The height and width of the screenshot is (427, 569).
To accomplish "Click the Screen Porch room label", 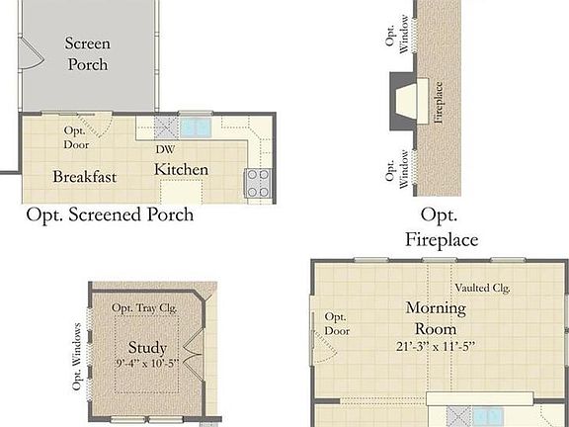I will pyautogui.click(x=86, y=53).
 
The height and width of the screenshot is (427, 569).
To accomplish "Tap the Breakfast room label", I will pyautogui.click(x=85, y=177).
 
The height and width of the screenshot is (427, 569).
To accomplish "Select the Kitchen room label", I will pyautogui.click(x=181, y=170).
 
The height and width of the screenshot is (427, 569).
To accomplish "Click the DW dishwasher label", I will pyautogui.click(x=166, y=149).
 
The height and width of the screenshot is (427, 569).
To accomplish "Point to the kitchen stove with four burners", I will pyautogui.click(x=258, y=182).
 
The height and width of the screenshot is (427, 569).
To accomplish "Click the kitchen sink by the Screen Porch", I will pyautogui.click(x=195, y=127).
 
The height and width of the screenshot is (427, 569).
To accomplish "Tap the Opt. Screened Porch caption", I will pyautogui.click(x=110, y=214).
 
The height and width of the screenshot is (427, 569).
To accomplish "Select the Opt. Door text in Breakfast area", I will pyautogui.click(x=75, y=137).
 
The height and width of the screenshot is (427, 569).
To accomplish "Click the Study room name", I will pyautogui.click(x=147, y=348).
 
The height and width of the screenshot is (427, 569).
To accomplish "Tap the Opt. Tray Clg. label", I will pyautogui.click(x=144, y=308).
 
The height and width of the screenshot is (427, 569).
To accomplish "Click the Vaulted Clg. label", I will pyautogui.click(x=482, y=288).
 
